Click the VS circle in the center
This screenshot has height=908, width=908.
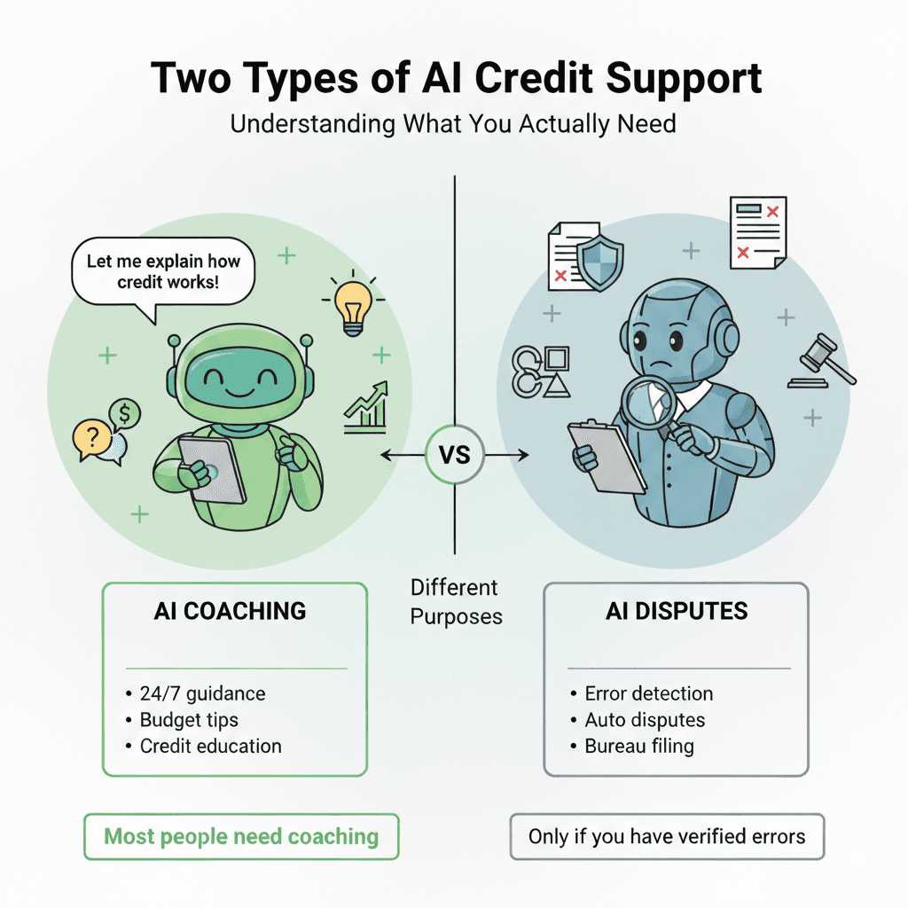[455, 456]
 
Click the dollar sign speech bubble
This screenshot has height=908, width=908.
[126, 413]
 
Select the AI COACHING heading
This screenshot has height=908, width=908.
[230, 611]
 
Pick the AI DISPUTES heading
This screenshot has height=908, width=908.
[677, 611]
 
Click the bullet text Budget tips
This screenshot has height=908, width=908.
[189, 719]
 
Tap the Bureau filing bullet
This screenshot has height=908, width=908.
[638, 746]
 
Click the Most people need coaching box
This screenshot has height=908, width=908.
[241, 836]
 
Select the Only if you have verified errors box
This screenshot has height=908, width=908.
[667, 836]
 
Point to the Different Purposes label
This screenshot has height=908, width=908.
[455, 601]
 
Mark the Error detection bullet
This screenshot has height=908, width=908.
[648, 693]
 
